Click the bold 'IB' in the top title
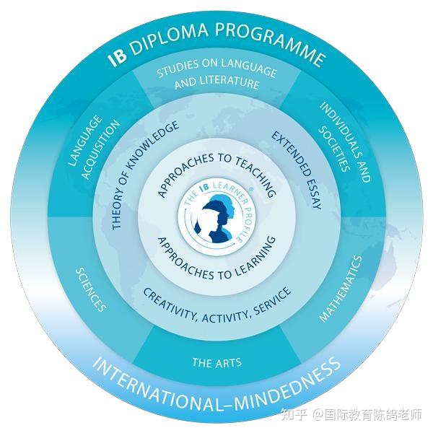(117, 58)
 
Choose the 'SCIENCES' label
(91, 289)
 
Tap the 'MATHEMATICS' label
(340, 287)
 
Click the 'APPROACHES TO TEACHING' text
(216, 168)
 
